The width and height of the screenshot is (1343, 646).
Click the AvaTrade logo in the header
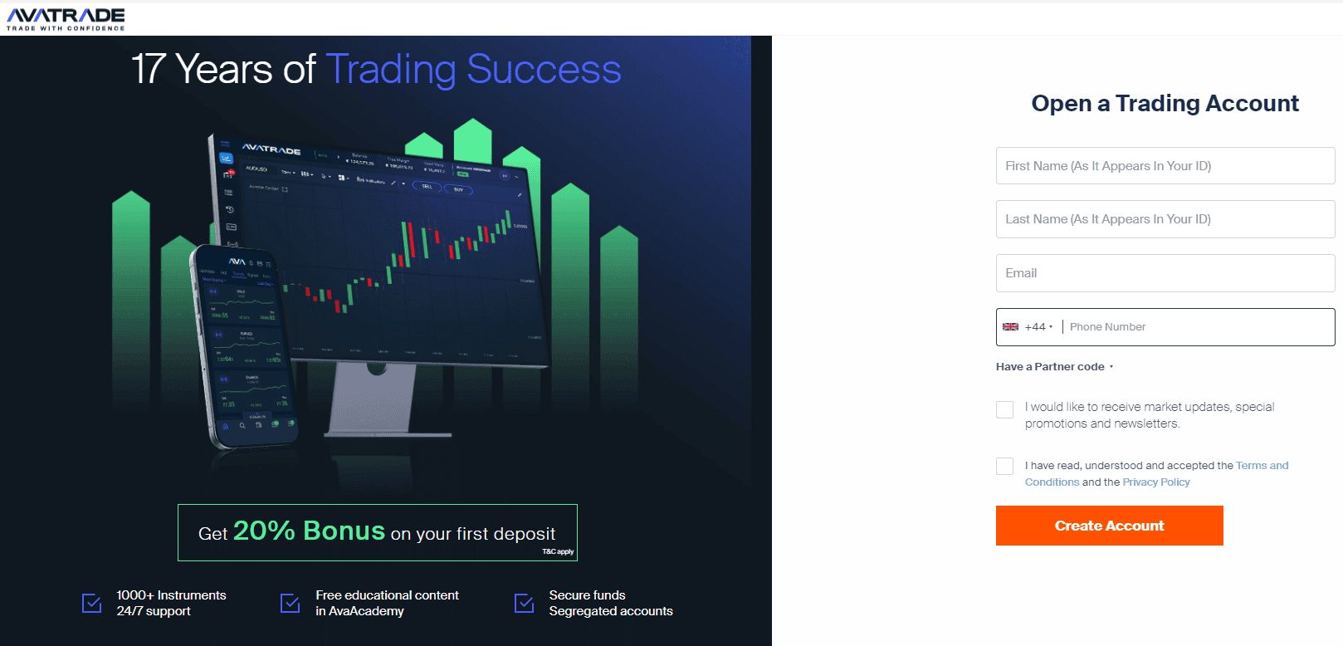point(66,18)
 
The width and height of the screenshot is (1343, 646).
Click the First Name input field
point(1165,166)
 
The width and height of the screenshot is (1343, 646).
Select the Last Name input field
point(1165,219)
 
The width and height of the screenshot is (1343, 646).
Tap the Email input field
point(1165,273)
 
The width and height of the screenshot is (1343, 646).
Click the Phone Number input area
point(1195,327)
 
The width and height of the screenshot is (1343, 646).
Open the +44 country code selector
point(1038,327)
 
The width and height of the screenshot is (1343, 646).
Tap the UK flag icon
point(1010,327)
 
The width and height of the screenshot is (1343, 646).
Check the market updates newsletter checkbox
point(1004,409)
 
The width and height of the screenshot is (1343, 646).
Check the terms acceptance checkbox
point(1004,466)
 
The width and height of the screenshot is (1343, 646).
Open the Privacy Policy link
point(1155,482)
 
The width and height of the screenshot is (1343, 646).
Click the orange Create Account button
point(1109,526)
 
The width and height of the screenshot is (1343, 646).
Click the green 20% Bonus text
point(309,531)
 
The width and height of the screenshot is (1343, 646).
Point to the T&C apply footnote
point(558,552)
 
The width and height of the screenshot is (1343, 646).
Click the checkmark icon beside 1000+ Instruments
point(92,603)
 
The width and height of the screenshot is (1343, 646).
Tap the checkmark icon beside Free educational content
point(291,603)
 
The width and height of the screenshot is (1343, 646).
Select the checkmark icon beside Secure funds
point(525,603)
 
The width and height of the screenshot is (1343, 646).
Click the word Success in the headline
point(544,70)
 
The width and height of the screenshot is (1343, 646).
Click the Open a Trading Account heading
point(1165,104)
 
